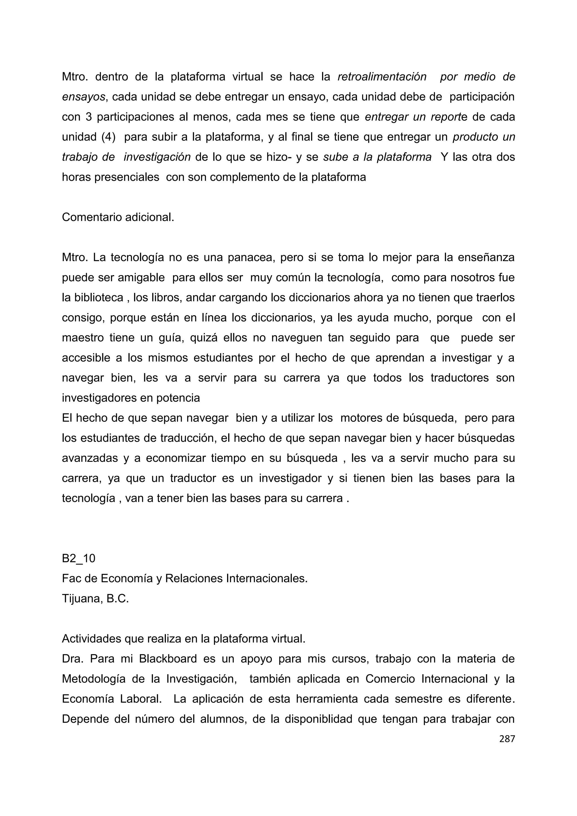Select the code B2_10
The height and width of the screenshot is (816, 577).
click(x=79, y=558)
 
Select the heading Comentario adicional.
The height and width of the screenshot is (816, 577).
click(x=118, y=217)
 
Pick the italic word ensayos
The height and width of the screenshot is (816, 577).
click(x=83, y=97)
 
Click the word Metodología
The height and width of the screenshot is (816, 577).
click(x=94, y=679)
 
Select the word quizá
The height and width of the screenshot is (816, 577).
click(x=204, y=338)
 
